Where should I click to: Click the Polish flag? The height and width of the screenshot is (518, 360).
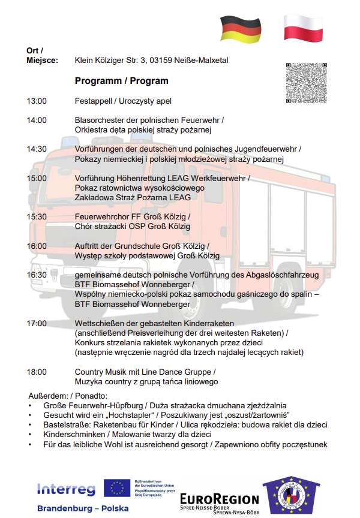coord(303,28)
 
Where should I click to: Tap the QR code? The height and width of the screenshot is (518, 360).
coord(308,83)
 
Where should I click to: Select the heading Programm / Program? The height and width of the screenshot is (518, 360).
coord(122,80)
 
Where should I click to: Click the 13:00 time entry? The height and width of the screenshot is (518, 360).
coord(37,101)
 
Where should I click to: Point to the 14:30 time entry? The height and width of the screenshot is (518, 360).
coord(37,149)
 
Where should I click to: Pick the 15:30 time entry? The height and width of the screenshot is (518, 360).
coord(37,216)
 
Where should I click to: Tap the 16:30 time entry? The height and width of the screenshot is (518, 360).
coord(37,275)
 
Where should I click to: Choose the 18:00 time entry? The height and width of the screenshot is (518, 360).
coord(37,372)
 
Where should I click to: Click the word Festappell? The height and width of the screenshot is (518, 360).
coord(94,101)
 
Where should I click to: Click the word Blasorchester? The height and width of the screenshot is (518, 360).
coord(100,120)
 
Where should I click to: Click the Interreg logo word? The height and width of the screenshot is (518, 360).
coord(66,489)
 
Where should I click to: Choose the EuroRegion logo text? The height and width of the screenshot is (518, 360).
coord(219,499)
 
